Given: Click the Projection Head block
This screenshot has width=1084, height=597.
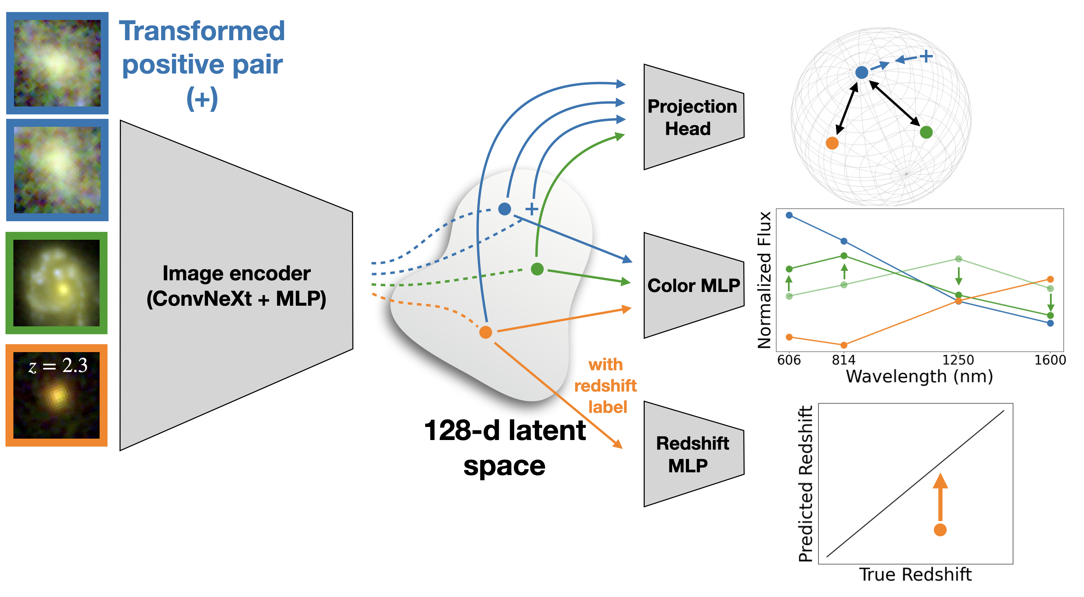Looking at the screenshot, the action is (x=693, y=117).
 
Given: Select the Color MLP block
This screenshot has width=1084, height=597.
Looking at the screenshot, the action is (x=693, y=285).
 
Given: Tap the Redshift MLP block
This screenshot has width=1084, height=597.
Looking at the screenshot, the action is (x=693, y=454).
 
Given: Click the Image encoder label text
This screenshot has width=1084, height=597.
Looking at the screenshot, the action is (x=237, y=286).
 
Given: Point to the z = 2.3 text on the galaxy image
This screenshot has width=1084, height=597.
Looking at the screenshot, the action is (x=58, y=365).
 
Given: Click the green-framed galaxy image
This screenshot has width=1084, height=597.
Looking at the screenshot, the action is (x=56, y=283).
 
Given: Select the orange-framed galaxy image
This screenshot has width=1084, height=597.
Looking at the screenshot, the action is (x=56, y=395).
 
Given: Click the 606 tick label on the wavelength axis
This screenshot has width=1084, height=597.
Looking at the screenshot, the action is (x=789, y=360).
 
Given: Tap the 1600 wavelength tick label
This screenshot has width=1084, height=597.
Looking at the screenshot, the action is (x=1050, y=360).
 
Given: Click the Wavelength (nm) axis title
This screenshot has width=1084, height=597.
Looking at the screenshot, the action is (x=919, y=376).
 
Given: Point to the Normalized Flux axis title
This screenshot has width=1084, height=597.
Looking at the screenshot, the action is (x=764, y=280).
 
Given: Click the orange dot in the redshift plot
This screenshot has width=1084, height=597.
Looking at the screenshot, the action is (x=940, y=530).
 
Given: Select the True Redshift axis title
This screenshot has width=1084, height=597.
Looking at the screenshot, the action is (x=915, y=574).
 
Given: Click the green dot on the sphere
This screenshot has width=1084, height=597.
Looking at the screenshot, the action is (x=926, y=132).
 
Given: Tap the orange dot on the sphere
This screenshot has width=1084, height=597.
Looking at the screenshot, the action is (x=832, y=143).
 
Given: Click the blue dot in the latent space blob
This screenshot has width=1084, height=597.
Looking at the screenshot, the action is (x=505, y=209).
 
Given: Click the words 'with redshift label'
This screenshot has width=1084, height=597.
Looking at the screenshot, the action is (x=606, y=385).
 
